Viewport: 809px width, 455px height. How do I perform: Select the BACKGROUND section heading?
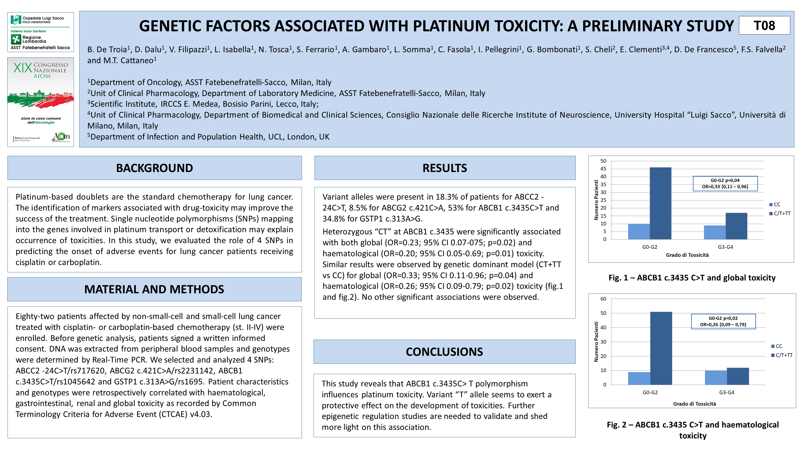[155, 168]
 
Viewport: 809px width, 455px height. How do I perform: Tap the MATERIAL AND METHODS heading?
[154, 289]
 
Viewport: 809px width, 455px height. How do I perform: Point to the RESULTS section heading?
[444, 168]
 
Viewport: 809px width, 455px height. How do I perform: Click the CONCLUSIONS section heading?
[444, 352]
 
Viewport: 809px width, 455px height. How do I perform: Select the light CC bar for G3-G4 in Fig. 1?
[714, 232]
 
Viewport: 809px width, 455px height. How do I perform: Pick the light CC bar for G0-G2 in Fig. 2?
[639, 378]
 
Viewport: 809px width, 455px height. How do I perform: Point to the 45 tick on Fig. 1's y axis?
[603, 169]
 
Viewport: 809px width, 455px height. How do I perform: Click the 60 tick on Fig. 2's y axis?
[603, 299]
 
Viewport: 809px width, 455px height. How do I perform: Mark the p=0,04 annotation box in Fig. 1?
[725, 184]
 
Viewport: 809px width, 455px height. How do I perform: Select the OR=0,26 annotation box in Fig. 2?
[723, 321]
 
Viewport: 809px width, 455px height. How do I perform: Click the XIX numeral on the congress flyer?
[23, 68]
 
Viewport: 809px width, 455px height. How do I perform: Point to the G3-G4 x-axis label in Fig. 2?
[727, 393]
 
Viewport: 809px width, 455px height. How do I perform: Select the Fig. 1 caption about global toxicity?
[692, 278]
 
